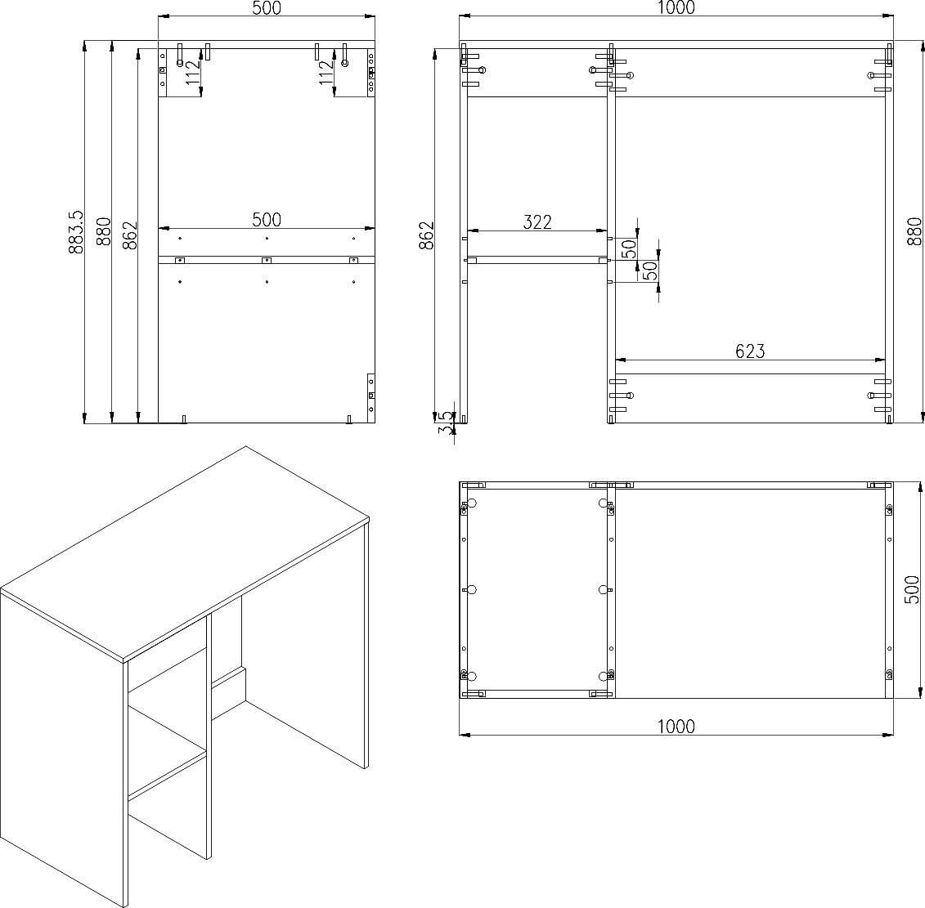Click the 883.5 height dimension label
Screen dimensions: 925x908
click(75, 232)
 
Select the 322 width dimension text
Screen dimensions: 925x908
click(537, 222)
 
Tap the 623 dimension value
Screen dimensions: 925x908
click(750, 351)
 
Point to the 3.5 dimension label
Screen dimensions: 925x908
click(447, 423)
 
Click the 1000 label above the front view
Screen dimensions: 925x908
click(676, 7)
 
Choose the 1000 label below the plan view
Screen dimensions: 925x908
click(676, 727)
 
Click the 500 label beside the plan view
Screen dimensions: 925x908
click(911, 589)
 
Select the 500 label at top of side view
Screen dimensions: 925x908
click(267, 8)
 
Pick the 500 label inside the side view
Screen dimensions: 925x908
click(267, 219)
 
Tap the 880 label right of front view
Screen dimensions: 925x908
click(914, 232)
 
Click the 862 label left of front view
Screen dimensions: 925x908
click(426, 235)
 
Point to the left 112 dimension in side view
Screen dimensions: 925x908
click(194, 73)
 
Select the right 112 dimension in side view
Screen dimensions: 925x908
click(326, 73)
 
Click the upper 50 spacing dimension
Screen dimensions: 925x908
click(630, 248)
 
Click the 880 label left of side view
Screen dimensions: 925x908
click(103, 232)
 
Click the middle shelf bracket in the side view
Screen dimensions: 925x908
click(267, 260)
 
